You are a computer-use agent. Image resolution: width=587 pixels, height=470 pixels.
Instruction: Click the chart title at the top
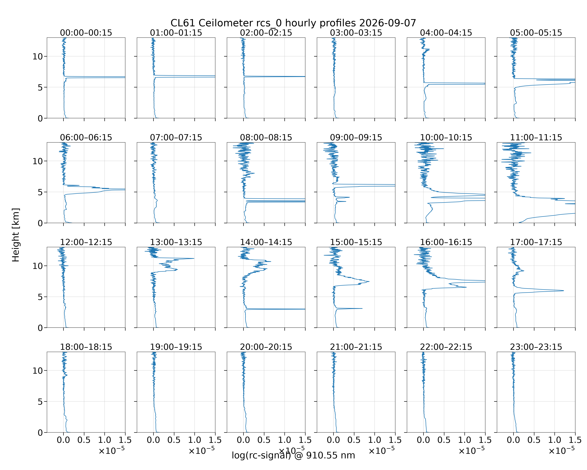click(x=293, y=23)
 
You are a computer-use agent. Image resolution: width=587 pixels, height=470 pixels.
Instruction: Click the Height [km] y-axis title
click(x=16, y=235)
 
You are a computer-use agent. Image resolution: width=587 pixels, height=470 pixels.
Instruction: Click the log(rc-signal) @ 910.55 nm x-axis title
click(x=293, y=455)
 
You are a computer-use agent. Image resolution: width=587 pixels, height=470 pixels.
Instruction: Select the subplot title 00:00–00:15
click(x=86, y=33)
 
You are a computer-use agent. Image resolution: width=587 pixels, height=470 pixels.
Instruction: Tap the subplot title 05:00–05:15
click(x=536, y=33)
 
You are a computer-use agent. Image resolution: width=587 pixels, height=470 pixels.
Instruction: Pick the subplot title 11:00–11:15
click(x=536, y=137)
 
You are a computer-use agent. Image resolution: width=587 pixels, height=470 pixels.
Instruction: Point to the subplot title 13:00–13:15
click(x=176, y=242)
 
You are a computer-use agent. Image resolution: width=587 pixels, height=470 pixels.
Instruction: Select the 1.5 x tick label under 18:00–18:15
click(x=125, y=440)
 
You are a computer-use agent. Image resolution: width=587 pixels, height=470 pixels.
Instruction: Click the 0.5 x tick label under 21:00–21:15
click(x=354, y=440)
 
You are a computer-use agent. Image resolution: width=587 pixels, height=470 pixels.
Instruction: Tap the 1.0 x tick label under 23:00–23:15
click(x=555, y=440)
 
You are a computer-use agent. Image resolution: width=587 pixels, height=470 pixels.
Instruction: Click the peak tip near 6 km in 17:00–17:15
click(x=564, y=291)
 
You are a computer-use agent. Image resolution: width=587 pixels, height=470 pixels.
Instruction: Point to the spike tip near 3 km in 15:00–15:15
click(x=362, y=308)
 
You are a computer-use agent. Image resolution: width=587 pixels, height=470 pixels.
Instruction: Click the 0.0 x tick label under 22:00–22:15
click(x=423, y=440)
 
